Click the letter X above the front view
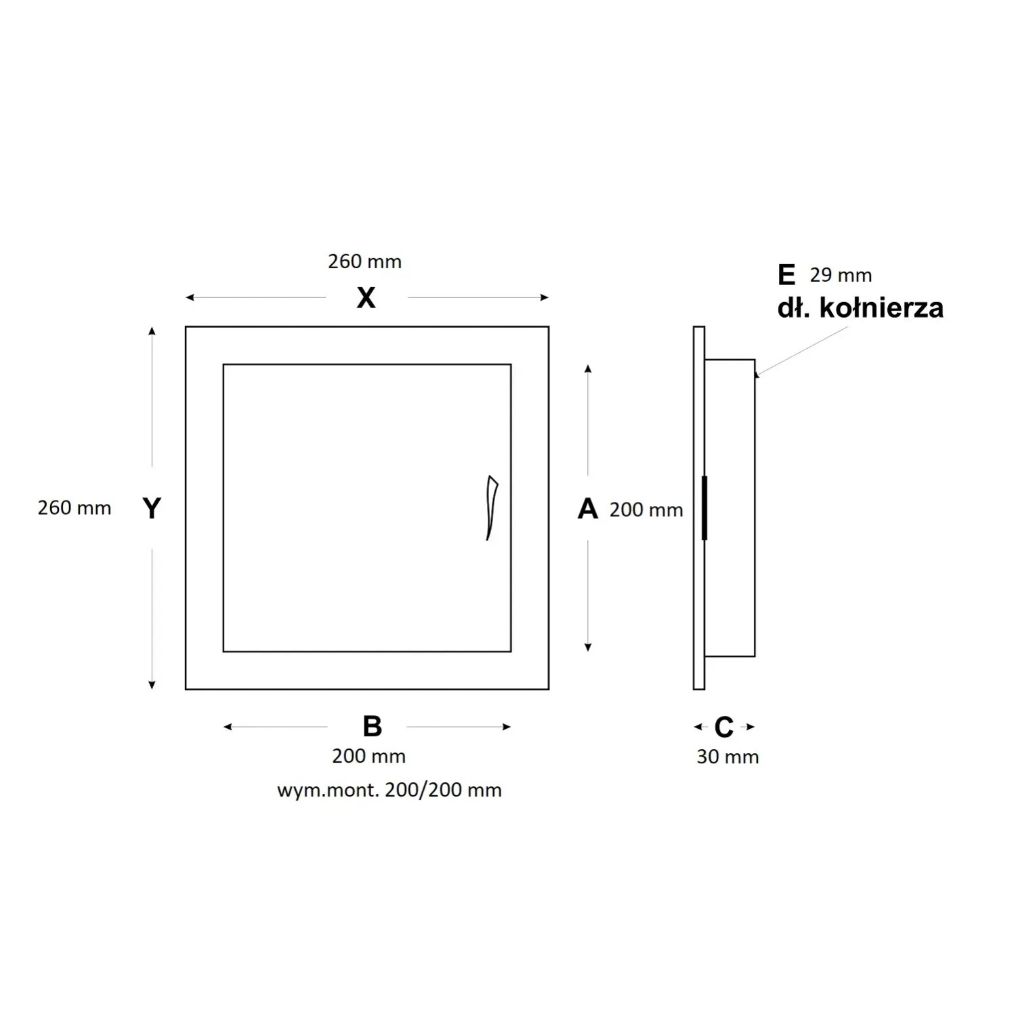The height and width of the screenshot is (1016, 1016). [x=366, y=298]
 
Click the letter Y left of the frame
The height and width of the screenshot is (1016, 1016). [x=152, y=508]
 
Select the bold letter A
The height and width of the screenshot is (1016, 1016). [x=588, y=509]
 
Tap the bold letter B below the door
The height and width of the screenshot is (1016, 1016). [x=372, y=726]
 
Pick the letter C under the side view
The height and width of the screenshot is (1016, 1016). [x=724, y=727]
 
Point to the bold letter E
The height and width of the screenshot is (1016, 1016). [x=786, y=275]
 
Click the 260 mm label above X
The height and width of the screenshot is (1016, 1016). [x=365, y=261]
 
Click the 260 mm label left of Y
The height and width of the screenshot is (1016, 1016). [x=75, y=508]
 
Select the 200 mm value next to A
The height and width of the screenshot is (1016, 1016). [x=646, y=510]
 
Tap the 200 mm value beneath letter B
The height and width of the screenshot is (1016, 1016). [x=369, y=756]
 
